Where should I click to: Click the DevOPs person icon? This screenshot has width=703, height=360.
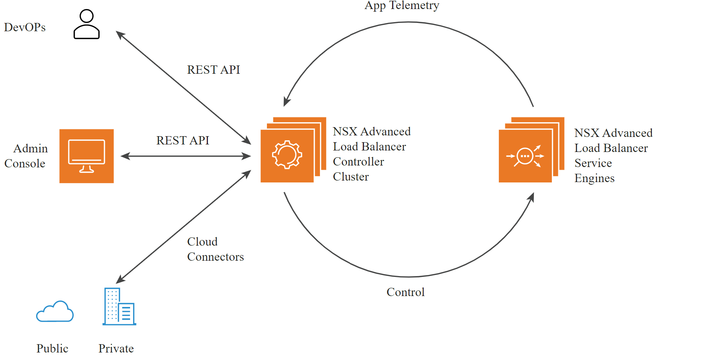86,24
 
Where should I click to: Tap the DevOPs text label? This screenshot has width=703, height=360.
25,27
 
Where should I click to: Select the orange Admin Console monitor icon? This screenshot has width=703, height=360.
86,156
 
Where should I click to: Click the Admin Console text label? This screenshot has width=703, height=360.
26,156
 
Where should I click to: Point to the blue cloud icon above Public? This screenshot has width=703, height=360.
55,311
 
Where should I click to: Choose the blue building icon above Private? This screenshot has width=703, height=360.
119,306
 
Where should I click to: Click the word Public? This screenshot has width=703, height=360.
52,348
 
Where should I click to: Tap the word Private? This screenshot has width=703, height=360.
116,348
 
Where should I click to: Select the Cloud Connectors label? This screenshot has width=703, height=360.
215,249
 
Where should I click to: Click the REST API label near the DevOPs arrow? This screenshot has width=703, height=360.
214,70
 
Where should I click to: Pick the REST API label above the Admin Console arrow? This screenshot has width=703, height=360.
183,140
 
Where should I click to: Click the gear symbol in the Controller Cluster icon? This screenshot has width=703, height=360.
287,155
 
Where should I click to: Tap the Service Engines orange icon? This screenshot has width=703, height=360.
532,150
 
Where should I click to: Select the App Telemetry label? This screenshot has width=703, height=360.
402,6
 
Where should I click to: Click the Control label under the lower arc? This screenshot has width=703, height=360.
406,292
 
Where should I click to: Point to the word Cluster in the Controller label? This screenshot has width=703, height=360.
351,176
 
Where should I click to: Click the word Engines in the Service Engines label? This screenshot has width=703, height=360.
594,178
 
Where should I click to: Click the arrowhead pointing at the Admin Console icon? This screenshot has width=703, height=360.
125,156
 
